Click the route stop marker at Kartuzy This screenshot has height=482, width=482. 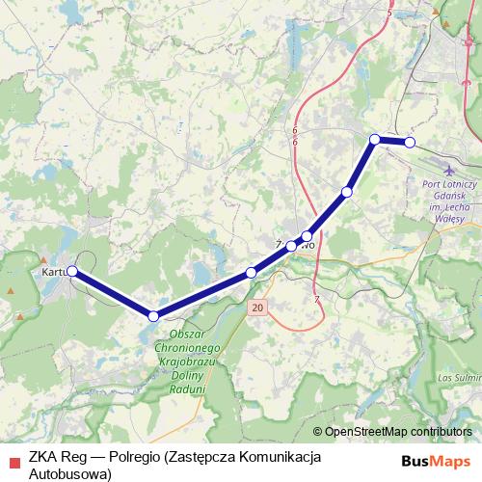coord(72,272)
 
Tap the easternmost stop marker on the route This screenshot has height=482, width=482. coord(410,143)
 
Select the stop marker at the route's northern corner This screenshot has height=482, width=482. coord(375,140)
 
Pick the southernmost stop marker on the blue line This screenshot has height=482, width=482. coord(153,315)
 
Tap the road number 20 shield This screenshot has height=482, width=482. coord(255,308)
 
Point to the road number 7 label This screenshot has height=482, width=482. coord(316,300)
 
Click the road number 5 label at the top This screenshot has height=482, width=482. coord(389,13)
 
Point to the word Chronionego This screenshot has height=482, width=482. coord(189,345)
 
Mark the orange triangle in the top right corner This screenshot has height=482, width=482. coord(437,12)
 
